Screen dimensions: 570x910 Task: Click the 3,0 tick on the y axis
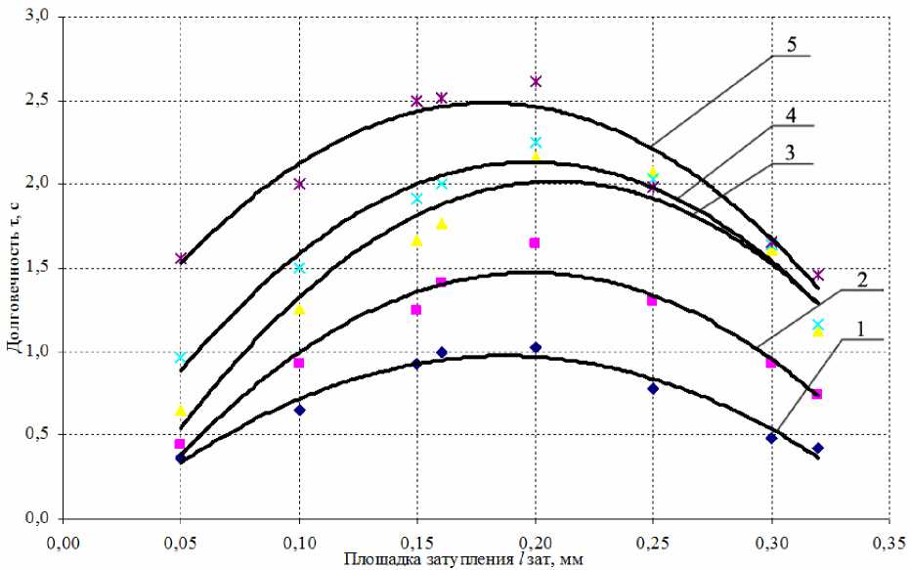pyautogui.click(x=35, y=18)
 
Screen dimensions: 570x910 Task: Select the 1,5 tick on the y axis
pyautogui.click(x=35, y=268)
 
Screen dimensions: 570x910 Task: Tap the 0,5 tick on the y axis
pyautogui.click(x=35, y=435)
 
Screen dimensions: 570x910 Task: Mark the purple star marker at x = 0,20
pyautogui.click(x=536, y=81)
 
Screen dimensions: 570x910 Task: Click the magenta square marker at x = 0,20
pyautogui.click(x=535, y=242)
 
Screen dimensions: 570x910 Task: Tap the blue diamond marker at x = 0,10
pyautogui.click(x=299, y=410)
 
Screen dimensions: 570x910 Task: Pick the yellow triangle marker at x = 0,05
pyautogui.click(x=180, y=411)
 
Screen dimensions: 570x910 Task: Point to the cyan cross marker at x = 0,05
pyautogui.click(x=180, y=358)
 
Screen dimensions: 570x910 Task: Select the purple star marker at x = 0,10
pyautogui.click(x=299, y=184)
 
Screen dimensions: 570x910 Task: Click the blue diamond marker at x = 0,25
pyautogui.click(x=653, y=388)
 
